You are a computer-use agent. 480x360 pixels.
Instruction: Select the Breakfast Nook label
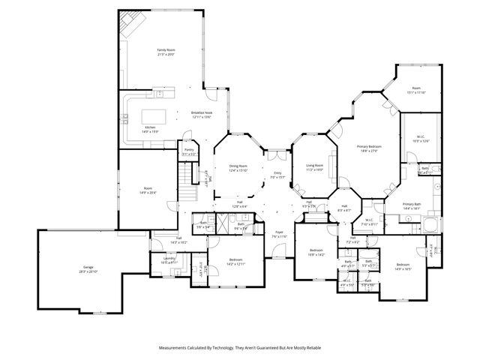coord(202,112)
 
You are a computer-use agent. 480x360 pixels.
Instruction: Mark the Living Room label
coord(314,165)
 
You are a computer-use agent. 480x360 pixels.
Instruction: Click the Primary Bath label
coord(411,204)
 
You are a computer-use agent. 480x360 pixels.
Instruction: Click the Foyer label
coord(277,232)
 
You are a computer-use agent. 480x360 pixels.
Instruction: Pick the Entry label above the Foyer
coord(277,173)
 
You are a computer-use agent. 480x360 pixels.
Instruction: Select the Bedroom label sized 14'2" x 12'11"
coord(235,259)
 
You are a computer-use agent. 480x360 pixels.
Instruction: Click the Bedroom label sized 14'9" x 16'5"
coord(403,264)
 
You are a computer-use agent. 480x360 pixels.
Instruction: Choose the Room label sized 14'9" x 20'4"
coord(148,188)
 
